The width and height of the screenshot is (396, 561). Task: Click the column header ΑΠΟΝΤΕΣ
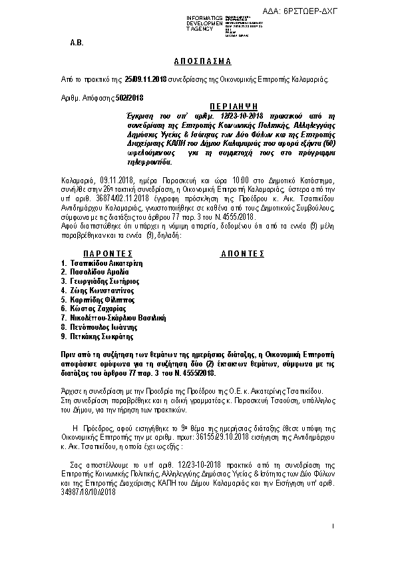click(242, 254)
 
